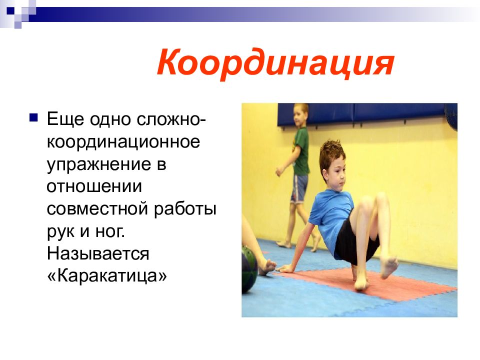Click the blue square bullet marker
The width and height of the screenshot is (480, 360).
[x=33, y=118]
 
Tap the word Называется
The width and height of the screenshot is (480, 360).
[x=98, y=253]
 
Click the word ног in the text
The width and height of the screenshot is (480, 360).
[x=106, y=231]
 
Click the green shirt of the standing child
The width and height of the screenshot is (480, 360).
[x=301, y=150]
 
